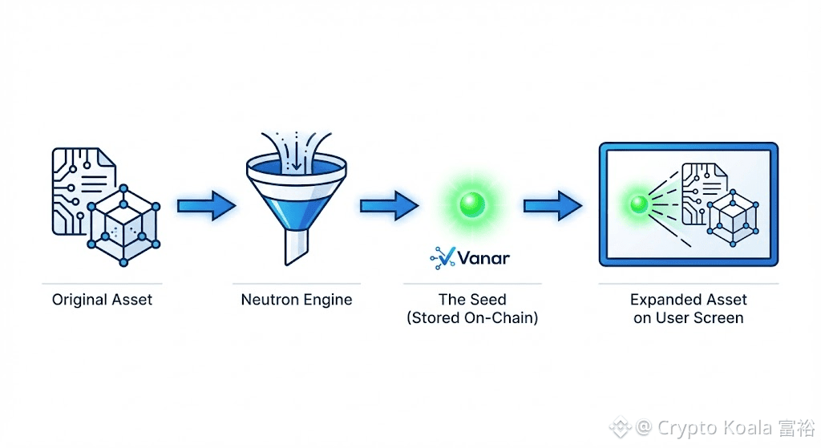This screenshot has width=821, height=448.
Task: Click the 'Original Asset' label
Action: [x=102, y=301]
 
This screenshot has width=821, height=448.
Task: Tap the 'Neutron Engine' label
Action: [x=296, y=301]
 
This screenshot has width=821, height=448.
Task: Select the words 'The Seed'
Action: [x=472, y=300]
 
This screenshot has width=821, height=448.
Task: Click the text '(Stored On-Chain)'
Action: [x=472, y=318]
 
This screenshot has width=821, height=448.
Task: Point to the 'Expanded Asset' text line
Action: [x=688, y=300]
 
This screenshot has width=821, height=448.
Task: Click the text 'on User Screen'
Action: [x=688, y=318]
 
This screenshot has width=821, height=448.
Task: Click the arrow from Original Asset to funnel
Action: [x=204, y=207]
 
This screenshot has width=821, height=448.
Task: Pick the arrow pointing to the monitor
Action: [x=552, y=206]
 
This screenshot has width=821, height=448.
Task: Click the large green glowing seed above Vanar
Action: [x=471, y=204]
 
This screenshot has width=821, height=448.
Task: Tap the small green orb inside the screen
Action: [x=639, y=204]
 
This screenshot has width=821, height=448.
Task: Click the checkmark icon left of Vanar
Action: [x=443, y=257]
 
